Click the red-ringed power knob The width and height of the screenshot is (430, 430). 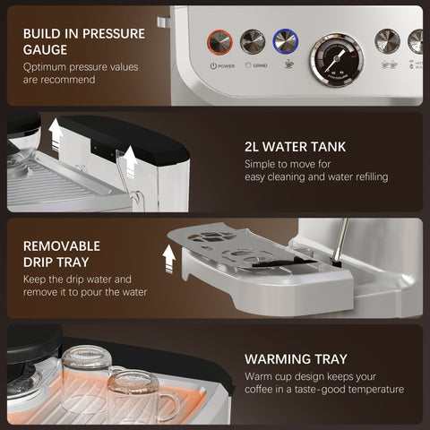220,41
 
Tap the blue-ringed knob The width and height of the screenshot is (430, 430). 285,40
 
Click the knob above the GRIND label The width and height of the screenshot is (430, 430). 253,41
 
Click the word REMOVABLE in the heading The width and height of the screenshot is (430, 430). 62,245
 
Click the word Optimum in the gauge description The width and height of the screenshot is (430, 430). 48,65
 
